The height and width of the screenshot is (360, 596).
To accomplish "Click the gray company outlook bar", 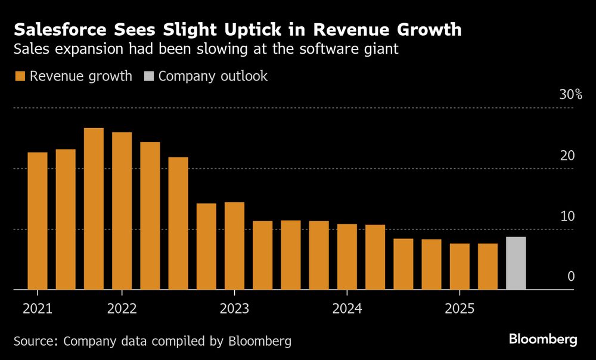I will coord(516,263).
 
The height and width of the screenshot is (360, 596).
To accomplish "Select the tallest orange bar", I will coord(94,209).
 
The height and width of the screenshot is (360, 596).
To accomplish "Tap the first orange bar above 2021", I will coord(38,221).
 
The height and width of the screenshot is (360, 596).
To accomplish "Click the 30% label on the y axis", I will coord(570,95).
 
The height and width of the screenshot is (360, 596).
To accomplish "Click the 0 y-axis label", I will coord(570,276).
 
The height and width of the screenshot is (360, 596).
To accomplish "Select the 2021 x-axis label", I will coord(38,309).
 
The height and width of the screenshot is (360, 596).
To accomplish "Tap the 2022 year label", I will coord(122,309).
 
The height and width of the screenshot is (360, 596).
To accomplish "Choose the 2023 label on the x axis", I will coord(234,309).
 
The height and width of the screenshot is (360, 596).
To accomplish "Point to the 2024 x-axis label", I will coord(347,309).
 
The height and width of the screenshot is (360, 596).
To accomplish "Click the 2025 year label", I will coord(460,309).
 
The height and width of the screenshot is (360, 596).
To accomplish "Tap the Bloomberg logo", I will coord(543,339).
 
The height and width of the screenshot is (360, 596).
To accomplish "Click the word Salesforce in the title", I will coord(58,29).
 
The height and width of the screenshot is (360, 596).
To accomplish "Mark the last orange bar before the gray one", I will coord(488,266).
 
